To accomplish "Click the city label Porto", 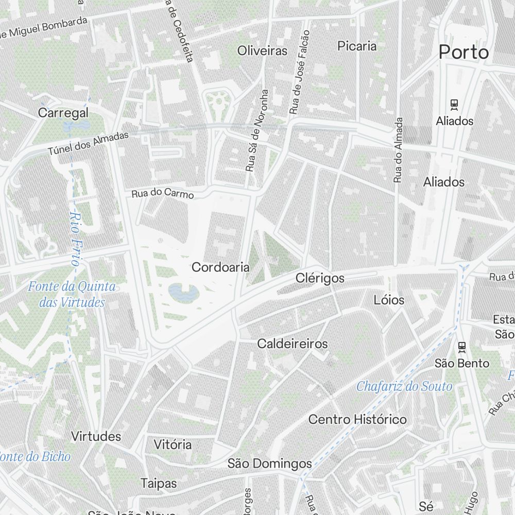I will [x=463, y=52].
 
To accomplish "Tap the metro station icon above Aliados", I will [x=454, y=105].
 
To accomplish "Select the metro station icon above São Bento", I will [x=462, y=347].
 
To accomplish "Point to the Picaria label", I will [x=357, y=46].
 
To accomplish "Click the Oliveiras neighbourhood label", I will [x=262, y=50].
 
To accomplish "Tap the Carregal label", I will [x=63, y=113].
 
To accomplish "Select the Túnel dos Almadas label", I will [x=88, y=144].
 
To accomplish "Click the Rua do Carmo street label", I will [x=163, y=194].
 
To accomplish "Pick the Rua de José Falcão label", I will [x=300, y=72].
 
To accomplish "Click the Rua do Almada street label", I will [x=398, y=149].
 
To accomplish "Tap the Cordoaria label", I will [x=220, y=267].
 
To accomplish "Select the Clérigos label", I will [x=320, y=278].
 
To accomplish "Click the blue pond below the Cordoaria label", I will [x=183, y=293].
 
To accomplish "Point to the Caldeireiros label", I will [x=292, y=344].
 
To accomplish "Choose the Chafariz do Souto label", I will [x=404, y=386].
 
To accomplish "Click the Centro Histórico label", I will [x=357, y=420].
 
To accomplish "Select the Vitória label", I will [x=173, y=444].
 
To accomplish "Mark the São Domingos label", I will [x=270, y=464].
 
